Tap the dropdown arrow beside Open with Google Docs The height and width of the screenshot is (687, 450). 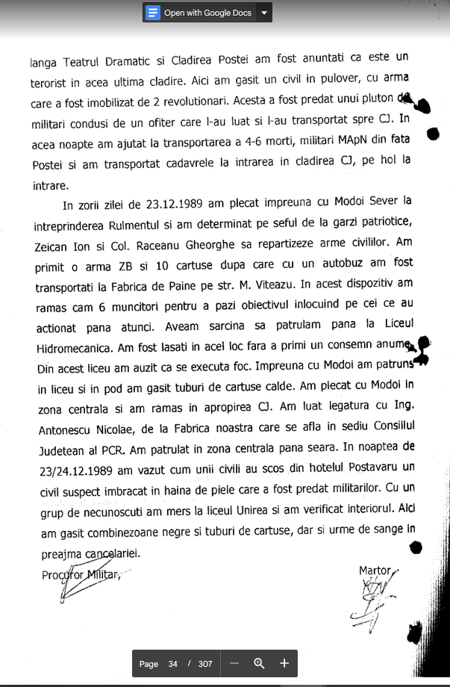point(263,13)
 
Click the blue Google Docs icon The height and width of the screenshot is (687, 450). point(154,13)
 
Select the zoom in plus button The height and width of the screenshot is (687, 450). point(284,663)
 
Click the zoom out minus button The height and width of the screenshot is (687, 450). point(234,663)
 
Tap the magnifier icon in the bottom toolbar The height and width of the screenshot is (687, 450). point(259,663)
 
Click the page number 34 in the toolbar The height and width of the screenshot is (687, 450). point(172,664)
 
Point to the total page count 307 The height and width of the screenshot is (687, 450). point(205,664)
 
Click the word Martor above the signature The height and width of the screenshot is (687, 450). point(375,571)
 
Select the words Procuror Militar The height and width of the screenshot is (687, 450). point(81,575)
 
